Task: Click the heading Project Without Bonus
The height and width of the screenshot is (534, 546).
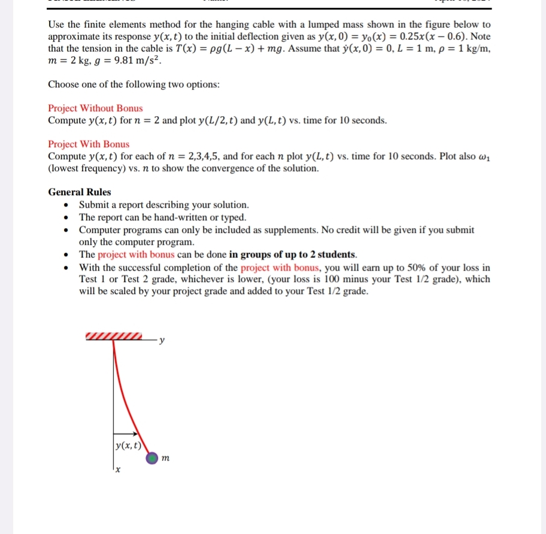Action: click(95, 108)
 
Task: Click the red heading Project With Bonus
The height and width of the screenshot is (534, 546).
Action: click(89, 144)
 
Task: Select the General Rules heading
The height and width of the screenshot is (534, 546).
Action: click(79, 192)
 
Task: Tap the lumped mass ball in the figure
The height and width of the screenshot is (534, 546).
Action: click(153, 458)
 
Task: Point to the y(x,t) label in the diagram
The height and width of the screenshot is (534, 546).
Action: click(128, 445)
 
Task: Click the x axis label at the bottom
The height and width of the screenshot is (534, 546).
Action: click(118, 471)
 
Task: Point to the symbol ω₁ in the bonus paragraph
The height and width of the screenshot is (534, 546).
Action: click(483, 157)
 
